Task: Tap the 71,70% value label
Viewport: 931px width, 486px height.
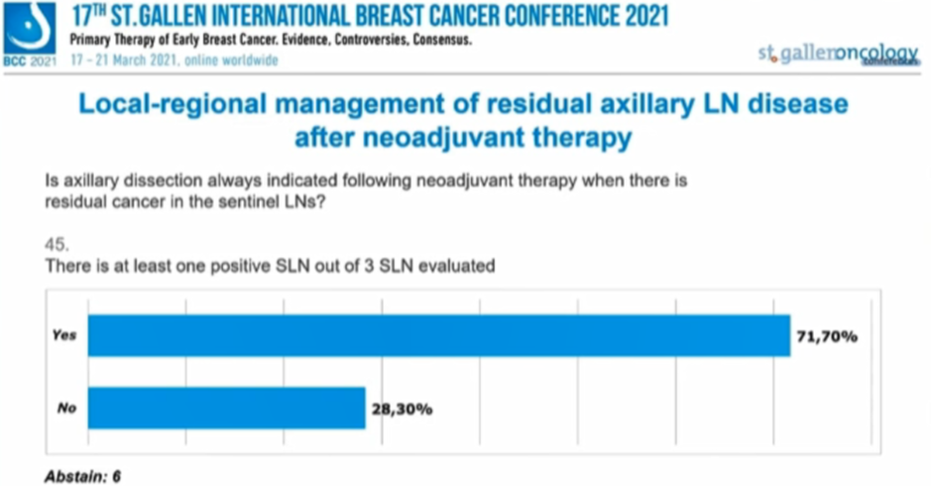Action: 826,336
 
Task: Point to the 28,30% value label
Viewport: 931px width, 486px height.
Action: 401,409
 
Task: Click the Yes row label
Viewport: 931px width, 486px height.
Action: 64,336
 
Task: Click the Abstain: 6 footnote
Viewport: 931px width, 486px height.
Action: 83,476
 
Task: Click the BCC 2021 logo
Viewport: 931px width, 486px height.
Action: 30,33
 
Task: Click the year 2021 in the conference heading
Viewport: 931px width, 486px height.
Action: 635,17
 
